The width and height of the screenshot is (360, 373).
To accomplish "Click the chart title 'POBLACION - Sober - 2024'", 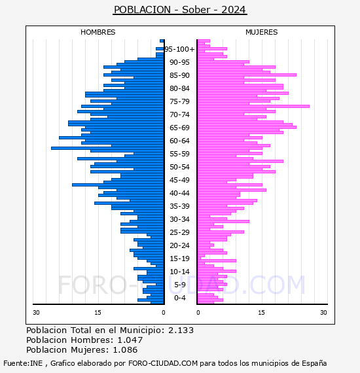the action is point(180,10).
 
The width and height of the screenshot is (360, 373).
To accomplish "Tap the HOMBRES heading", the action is point(98,32).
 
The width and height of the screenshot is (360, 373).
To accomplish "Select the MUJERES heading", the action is point(262,32).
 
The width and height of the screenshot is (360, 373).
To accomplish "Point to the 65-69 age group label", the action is point(179,128).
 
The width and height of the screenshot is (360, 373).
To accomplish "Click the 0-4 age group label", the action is point(180,298).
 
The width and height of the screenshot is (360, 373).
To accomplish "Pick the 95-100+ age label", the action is point(179,49).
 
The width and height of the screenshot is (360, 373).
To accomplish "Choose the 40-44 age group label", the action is point(179,193).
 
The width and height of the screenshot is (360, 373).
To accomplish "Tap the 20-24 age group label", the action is point(179,245).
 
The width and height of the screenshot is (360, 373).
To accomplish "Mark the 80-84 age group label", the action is point(179,88).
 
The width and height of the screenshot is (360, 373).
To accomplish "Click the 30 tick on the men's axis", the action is point(36,313).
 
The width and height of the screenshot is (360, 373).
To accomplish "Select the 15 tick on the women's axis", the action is point(261,313).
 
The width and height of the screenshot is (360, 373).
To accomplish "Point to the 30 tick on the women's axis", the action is point(323,313).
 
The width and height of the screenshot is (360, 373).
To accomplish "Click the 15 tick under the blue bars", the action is point(98,313).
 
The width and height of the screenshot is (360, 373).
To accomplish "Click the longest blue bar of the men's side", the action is point(107,148).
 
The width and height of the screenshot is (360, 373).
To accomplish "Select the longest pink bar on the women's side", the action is point(254,106).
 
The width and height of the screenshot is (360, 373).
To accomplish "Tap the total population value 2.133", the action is point(181,330).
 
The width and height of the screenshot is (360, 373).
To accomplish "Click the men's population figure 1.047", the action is point(130,340).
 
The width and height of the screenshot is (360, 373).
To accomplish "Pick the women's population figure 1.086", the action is point(125,350).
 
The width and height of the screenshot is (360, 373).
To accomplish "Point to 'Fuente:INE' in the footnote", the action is point(23,363).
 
